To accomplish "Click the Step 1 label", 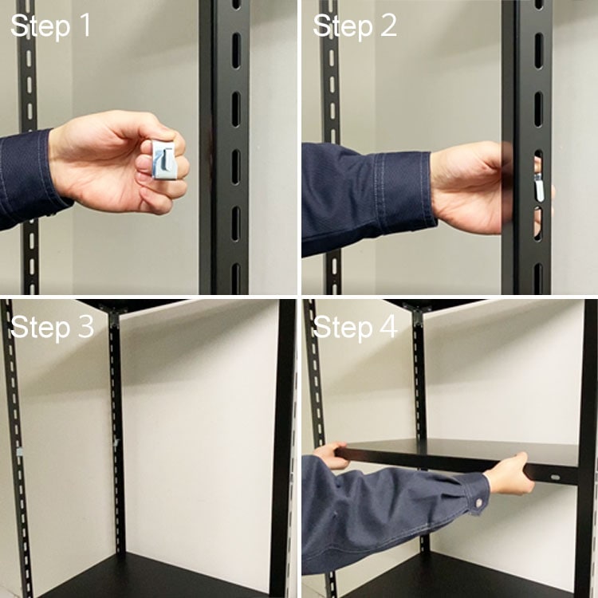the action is (51, 26).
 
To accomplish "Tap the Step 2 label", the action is (355, 26).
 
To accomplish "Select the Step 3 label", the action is (53, 327).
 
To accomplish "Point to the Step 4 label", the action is (355, 327).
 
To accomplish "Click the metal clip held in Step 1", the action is (163, 159).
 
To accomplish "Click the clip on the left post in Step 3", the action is (20, 452).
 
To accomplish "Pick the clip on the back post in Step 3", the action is (116, 443).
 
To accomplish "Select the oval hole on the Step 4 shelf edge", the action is (555, 477).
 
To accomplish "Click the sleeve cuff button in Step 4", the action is (478, 503).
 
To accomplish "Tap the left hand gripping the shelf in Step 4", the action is (330, 455).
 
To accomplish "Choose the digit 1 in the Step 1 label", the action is (85, 26).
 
